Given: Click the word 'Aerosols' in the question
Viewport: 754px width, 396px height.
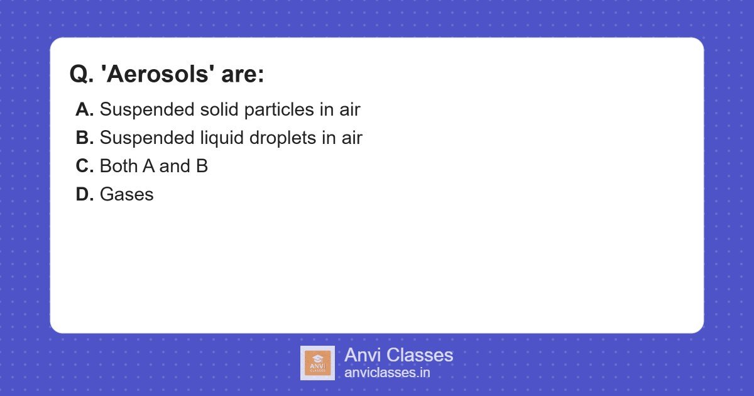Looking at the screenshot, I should pyautogui.click(x=158, y=74).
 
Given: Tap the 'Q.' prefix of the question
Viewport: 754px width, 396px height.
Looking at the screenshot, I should pyautogui.click(x=81, y=74).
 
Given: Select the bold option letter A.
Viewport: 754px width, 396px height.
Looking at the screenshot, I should pyautogui.click(x=84, y=109).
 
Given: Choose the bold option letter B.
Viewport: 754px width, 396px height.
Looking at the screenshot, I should pyautogui.click(x=84, y=138).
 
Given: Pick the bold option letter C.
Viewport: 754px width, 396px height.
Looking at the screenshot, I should pyautogui.click(x=84, y=166).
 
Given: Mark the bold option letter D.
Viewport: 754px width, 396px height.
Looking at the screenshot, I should pyautogui.click(x=84, y=194).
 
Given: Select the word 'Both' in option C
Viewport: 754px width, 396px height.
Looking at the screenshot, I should pyautogui.click(x=119, y=166).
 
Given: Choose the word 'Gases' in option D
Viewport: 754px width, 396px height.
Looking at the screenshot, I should pyautogui.click(x=126, y=194).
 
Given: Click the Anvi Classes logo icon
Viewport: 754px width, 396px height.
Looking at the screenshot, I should pyautogui.click(x=317, y=363).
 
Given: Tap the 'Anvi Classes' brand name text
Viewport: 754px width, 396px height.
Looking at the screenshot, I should pyautogui.click(x=398, y=355).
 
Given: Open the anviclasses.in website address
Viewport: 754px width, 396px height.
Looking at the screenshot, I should pyautogui.click(x=387, y=373).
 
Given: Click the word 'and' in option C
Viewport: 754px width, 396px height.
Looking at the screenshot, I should pyautogui.click(x=172, y=166).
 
